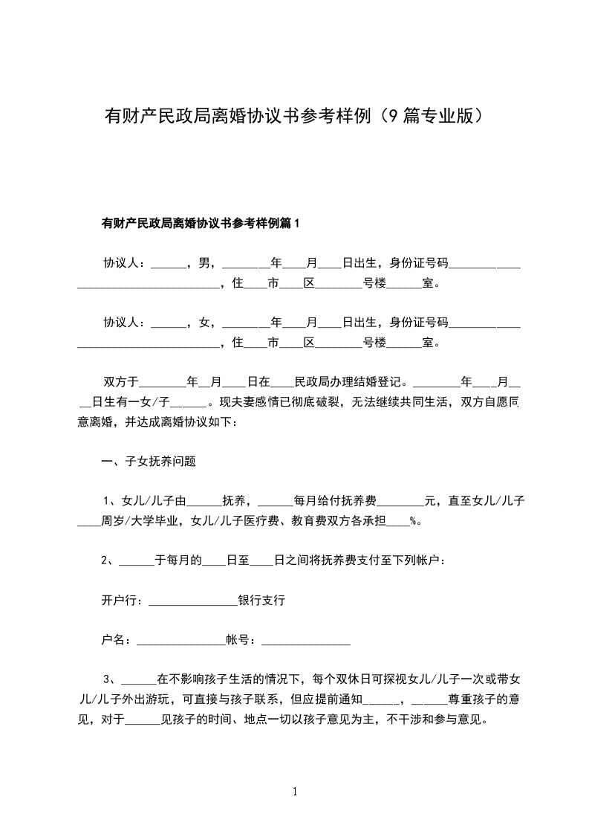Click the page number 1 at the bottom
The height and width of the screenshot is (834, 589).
click(x=295, y=792)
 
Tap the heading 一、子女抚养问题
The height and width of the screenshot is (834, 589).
click(x=149, y=461)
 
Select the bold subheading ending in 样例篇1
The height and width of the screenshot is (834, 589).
click(x=201, y=223)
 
